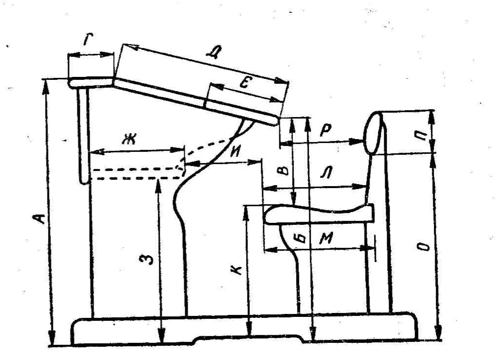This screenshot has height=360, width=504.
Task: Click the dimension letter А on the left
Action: tap(43, 217)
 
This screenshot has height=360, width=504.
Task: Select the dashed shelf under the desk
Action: tap(135, 173)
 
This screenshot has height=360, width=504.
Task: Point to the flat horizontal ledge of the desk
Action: tap(90, 82)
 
